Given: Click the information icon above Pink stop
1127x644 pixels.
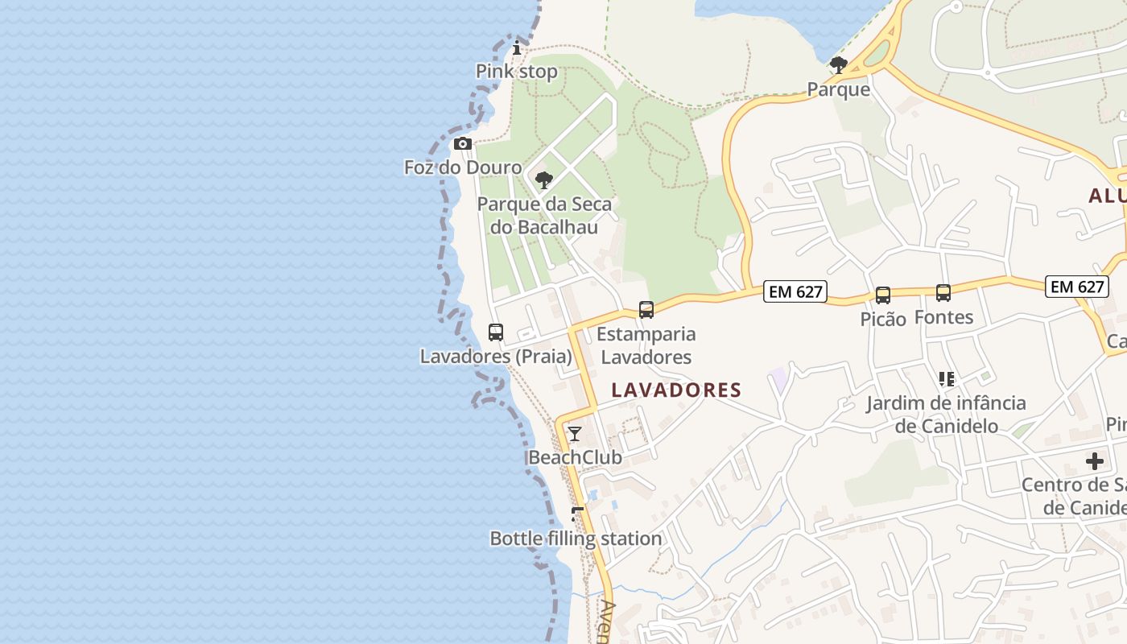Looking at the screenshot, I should click(x=517, y=48).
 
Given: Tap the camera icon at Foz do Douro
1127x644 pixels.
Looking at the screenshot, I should click(x=463, y=144).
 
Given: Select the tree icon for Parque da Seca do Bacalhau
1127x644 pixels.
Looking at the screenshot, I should click(x=544, y=180).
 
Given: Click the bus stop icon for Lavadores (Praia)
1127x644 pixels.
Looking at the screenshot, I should click(x=496, y=332).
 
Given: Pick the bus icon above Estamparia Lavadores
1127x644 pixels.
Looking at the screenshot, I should click(x=646, y=310).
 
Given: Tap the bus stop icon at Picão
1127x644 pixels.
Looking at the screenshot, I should click(x=883, y=295).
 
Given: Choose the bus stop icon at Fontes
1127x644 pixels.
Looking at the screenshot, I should click(x=943, y=293).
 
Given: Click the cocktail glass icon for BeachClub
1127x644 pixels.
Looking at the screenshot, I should click(x=575, y=434).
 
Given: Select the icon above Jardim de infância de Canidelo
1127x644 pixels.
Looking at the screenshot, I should click(x=946, y=378).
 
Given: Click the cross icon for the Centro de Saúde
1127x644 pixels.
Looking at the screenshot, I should click(x=1095, y=461).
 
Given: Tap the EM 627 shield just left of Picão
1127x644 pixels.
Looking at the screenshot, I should click(x=795, y=291).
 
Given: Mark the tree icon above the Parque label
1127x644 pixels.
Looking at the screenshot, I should click(x=838, y=65).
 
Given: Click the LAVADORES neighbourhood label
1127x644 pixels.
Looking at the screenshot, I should click(x=676, y=390).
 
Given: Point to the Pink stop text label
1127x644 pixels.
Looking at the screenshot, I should click(x=517, y=72).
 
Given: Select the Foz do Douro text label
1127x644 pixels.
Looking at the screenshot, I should click(x=463, y=167).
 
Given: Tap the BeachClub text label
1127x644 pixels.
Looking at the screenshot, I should click(x=575, y=457).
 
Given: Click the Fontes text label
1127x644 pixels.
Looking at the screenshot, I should click(x=943, y=317).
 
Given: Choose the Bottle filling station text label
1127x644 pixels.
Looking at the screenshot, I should click(x=576, y=539).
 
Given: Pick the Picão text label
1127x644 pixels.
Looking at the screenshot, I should click(x=883, y=319).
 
